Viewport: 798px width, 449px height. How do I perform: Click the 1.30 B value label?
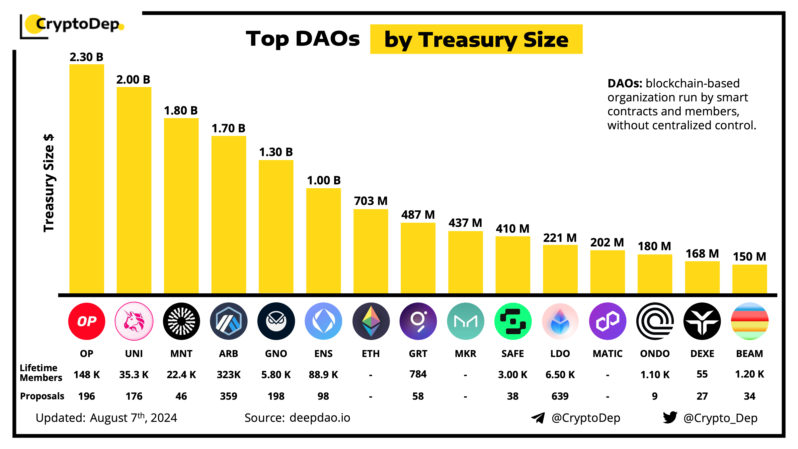(x=276, y=152)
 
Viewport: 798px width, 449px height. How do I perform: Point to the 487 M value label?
(x=418, y=215)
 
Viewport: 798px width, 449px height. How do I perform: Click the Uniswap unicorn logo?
(x=134, y=321)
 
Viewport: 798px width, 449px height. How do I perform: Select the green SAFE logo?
(x=513, y=321)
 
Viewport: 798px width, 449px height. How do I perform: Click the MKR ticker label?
(x=465, y=354)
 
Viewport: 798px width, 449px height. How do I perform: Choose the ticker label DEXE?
(x=702, y=354)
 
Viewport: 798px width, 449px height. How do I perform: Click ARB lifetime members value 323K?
(x=229, y=375)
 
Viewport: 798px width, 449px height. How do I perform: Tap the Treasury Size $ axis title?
(x=49, y=183)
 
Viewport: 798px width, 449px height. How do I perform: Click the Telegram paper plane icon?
(x=538, y=418)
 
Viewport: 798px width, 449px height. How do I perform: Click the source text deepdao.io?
(x=320, y=418)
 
